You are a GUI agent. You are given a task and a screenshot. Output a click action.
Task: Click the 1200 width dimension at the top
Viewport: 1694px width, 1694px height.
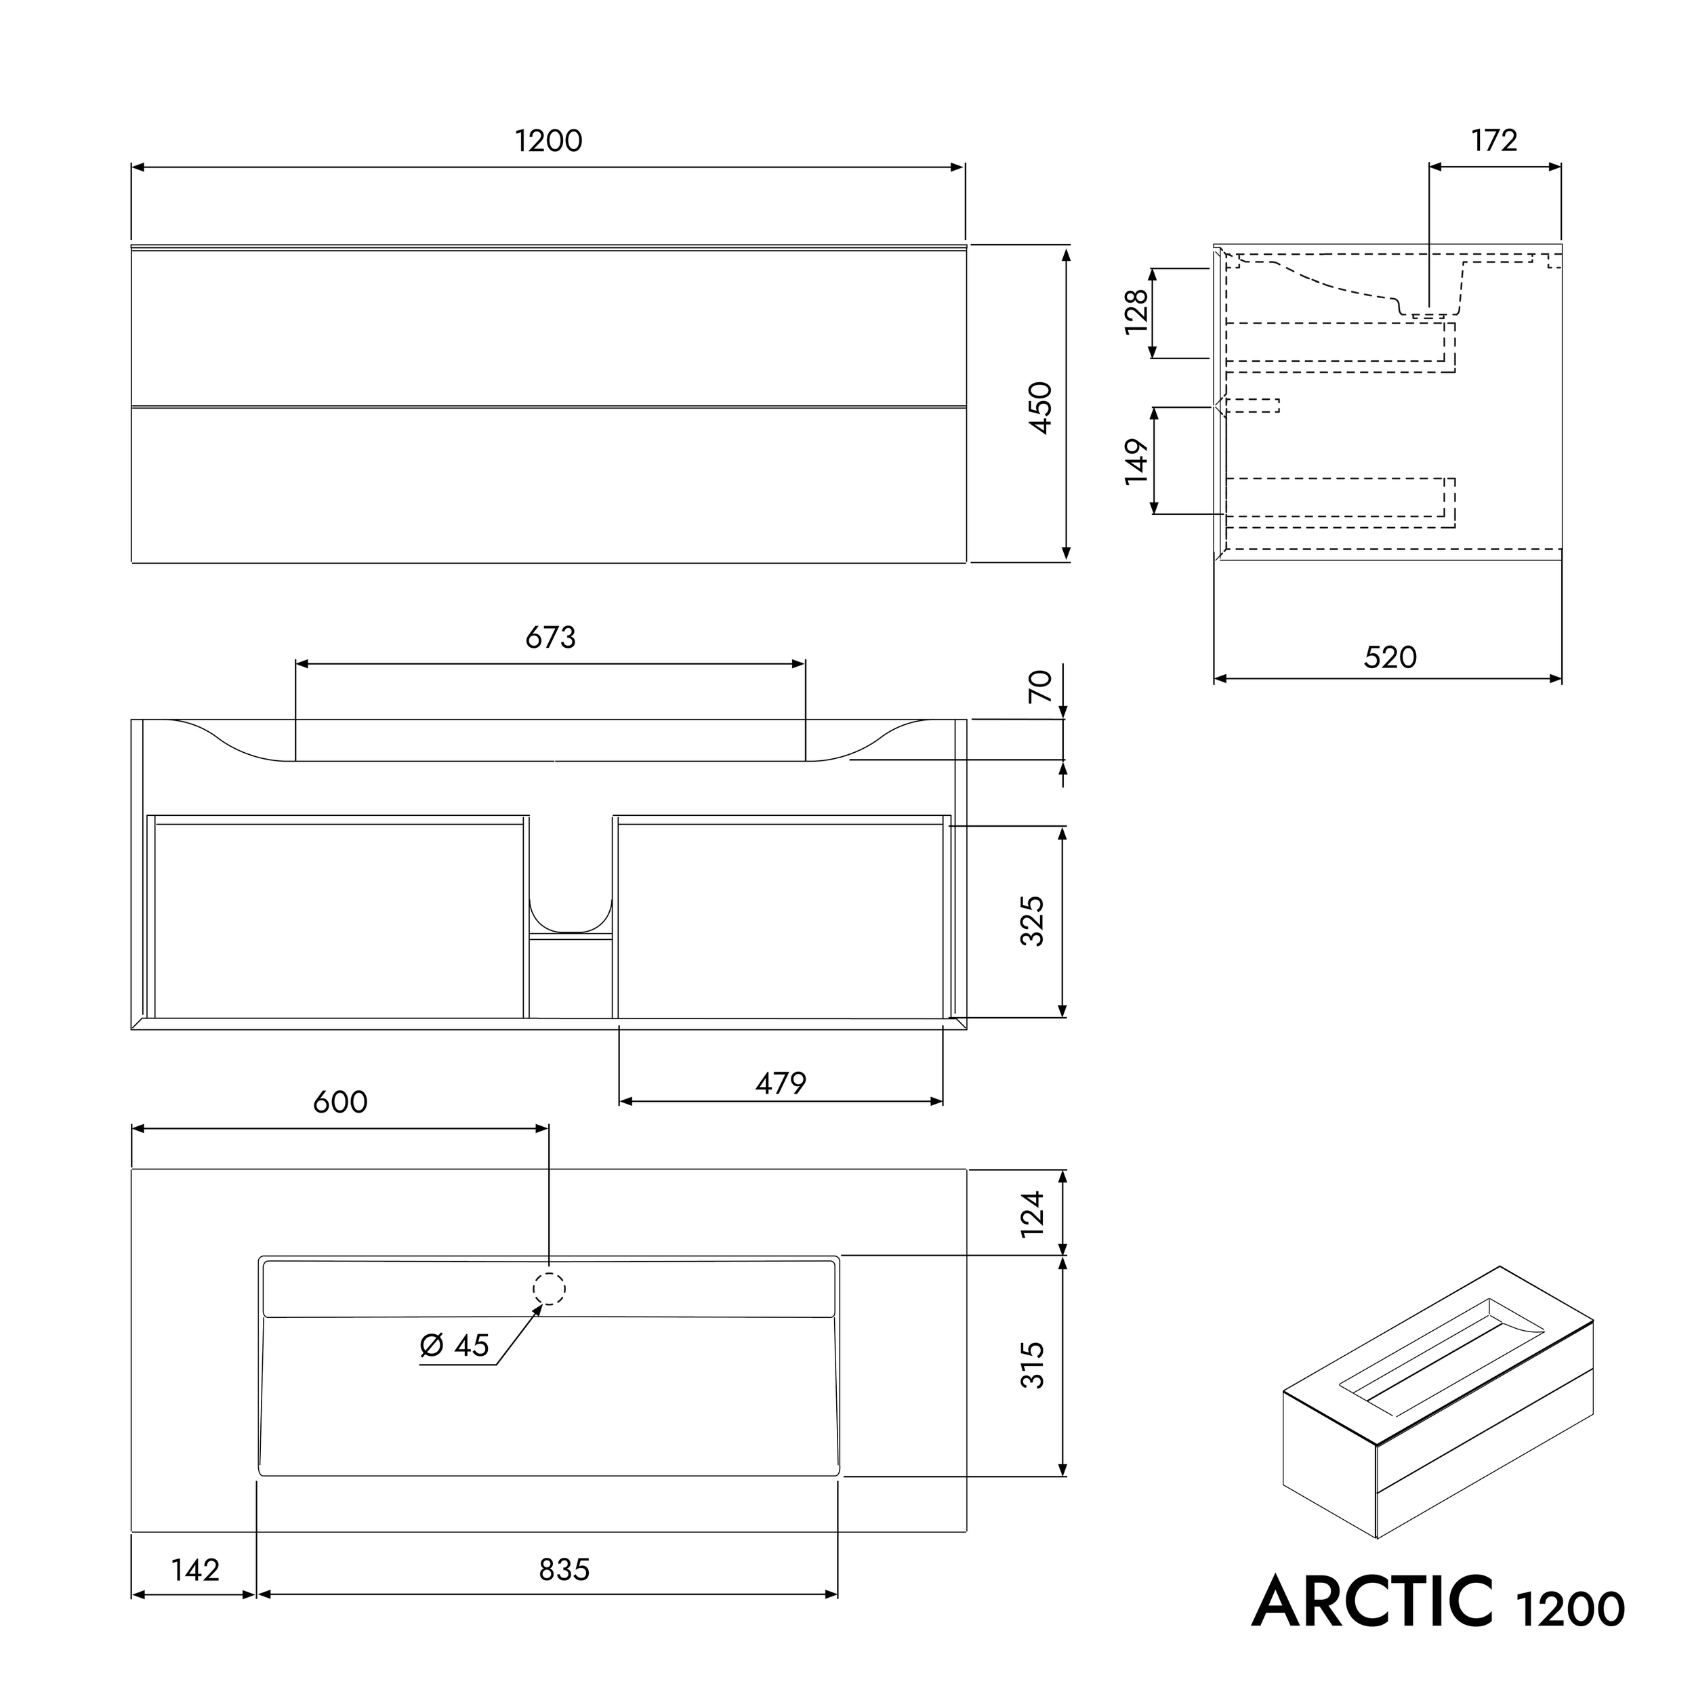point(548,141)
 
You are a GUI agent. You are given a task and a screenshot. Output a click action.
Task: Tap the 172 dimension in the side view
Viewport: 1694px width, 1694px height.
point(1494,140)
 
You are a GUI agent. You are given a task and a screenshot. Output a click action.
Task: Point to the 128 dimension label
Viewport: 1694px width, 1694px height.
point(1136,311)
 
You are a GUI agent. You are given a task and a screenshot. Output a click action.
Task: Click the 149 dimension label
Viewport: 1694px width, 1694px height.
point(1136,461)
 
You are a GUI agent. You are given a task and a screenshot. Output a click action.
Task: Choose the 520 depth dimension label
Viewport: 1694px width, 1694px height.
point(1390,657)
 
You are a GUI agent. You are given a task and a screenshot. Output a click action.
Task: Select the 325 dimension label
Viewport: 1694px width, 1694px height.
point(1033,921)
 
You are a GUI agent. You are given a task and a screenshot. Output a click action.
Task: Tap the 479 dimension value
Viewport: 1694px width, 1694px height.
point(781,1083)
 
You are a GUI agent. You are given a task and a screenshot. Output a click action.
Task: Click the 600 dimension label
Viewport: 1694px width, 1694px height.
point(340,1102)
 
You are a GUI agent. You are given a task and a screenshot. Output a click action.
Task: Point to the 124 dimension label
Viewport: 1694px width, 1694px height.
point(1033,1214)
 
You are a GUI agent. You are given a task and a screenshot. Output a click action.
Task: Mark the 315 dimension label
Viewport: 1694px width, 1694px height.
point(1033,1365)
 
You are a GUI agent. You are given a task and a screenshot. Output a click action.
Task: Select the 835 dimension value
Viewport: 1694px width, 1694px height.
point(564,1569)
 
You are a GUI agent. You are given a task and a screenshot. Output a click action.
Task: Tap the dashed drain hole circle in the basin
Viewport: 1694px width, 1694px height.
point(549,1289)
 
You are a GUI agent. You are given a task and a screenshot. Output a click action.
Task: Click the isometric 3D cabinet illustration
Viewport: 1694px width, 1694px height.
point(1438,1403)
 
